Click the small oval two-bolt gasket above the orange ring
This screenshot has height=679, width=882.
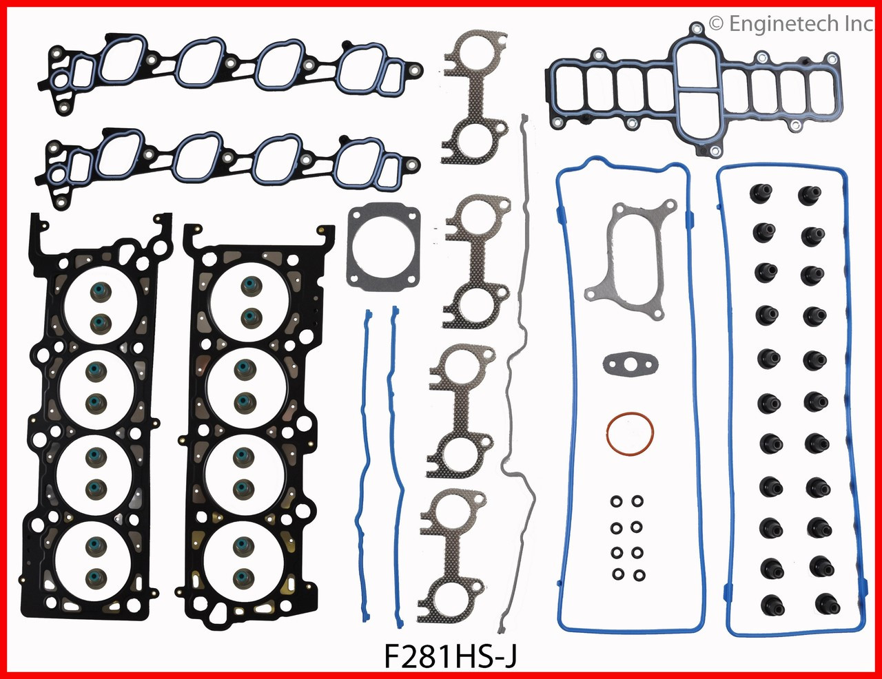(x=630, y=364)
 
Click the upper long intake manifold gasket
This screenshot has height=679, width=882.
(x=234, y=67)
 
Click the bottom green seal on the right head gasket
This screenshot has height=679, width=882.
(x=243, y=574)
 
